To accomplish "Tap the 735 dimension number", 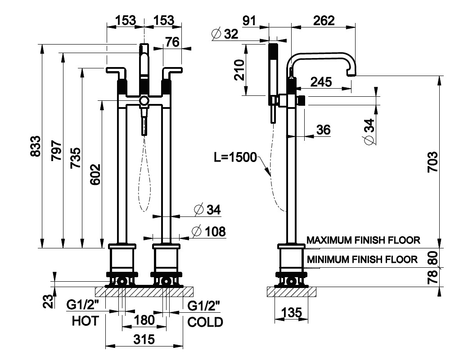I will coord(75,157).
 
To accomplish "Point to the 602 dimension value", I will coord(95,175).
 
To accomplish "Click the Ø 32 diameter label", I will coord(225,34).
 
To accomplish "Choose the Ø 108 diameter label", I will coord(208,232).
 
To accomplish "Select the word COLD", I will coord(205,322).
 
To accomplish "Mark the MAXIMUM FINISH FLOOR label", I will coord(363,240).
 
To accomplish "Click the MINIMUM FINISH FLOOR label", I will coord(362,259).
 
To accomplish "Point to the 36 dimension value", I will coord(323,130).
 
